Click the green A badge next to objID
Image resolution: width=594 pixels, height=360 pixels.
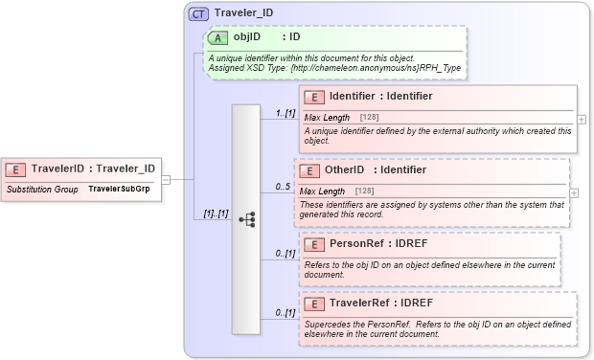218,37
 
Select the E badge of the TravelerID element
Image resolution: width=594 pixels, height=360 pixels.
16,169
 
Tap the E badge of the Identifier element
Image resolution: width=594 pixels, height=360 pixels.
314,97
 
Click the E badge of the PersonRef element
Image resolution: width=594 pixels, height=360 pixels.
314,243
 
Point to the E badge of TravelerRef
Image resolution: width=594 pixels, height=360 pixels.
314,304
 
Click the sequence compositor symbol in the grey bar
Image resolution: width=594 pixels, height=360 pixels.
247,219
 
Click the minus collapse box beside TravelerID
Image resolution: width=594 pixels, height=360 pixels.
166,179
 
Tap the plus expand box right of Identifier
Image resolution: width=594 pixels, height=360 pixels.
582,119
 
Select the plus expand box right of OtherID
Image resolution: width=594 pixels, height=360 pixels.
574,192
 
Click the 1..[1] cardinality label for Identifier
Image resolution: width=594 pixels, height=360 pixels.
284,113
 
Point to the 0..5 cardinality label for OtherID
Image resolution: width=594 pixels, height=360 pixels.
282,187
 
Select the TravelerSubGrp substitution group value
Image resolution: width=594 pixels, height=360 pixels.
119,189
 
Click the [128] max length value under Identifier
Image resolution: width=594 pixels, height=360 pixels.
368,117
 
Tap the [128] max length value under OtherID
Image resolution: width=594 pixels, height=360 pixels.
364,191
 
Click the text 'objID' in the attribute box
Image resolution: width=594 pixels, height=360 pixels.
247,37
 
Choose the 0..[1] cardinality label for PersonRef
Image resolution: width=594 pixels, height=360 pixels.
285,254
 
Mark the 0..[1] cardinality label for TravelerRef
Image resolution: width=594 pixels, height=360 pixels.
285,313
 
